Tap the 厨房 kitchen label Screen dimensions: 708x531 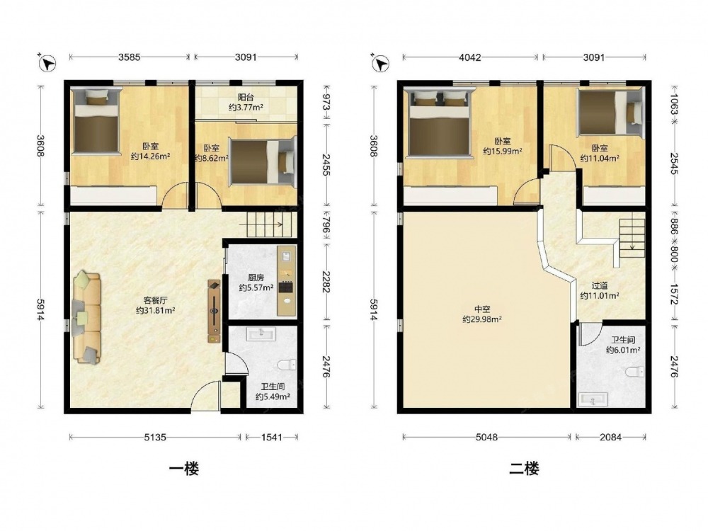256,278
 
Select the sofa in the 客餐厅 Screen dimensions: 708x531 87,317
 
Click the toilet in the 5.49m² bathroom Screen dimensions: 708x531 286,364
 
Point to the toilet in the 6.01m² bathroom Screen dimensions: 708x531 635,372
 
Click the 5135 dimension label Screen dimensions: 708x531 155,437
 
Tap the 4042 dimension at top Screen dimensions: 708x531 469,57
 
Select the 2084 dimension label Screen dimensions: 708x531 610,437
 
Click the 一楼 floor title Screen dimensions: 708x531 183,469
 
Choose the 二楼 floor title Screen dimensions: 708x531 524,469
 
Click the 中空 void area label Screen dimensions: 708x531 481,309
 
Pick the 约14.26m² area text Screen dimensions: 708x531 150,156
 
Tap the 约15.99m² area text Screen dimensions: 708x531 503,151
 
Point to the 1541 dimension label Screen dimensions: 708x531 271,437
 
